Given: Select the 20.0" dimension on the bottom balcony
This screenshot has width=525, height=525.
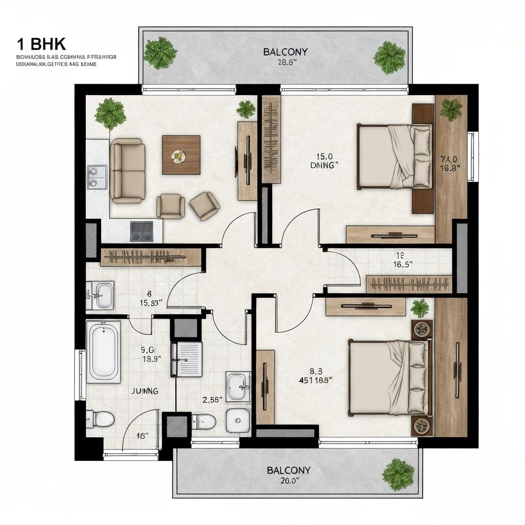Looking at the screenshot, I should pos(281,480).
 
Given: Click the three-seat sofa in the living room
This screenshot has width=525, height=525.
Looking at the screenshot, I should pos(128,170).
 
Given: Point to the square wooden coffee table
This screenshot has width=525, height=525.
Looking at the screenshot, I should pos(181,155).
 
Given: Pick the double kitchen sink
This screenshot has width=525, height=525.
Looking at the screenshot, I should pos(97,177).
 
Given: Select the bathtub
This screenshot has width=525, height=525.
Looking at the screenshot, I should pos(104,352).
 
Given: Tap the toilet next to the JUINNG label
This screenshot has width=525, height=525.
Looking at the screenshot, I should pos(103,419).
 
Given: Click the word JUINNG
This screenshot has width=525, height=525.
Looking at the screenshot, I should pos(145,391).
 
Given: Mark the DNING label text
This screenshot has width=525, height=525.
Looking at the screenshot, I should pos(325,166).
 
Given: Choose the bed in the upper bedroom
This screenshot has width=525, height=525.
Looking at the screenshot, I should pos(394,156).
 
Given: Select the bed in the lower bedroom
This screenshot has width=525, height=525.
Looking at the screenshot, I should pos(389,377).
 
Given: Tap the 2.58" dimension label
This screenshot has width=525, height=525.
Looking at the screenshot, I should pos(213,399).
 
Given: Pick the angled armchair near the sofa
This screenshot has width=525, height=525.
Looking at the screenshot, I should pos(204,205).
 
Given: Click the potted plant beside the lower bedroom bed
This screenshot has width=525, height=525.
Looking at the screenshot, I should pos(420,308).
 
